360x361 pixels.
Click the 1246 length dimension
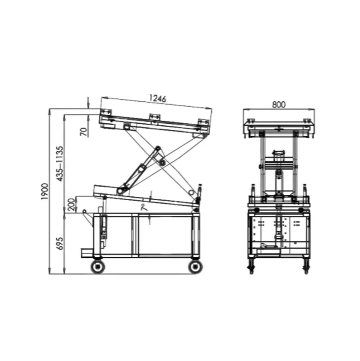coord(157,98)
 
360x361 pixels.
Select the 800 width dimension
coord(279,105)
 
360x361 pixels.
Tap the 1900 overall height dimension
coord(45,192)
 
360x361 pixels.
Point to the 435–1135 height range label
coord(60,164)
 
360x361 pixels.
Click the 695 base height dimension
coord(60,243)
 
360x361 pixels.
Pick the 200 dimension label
coord(72,204)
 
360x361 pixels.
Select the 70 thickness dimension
coord(84,132)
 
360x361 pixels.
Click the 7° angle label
coord(144,207)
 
